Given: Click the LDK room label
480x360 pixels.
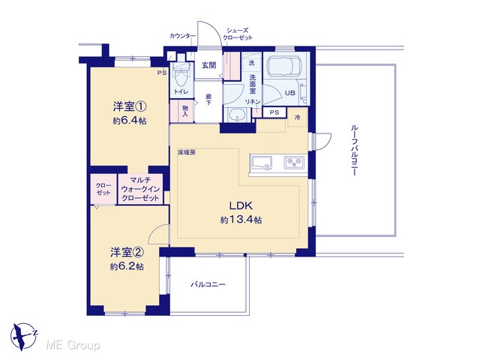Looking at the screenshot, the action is (241, 205).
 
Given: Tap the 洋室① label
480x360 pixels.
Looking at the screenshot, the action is (130, 106).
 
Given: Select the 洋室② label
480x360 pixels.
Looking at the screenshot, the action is (127, 252).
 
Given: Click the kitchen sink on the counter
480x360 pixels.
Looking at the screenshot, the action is (262, 163).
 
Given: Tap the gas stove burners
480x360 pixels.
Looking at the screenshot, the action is (295, 162).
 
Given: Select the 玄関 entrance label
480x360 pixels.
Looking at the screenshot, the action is (208, 65).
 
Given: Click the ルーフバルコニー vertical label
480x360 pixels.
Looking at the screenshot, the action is (354, 150).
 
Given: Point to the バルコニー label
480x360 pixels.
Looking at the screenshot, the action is (208, 285).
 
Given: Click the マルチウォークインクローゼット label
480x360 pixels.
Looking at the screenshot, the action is (140, 189).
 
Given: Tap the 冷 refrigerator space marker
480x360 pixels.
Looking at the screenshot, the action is (297, 117).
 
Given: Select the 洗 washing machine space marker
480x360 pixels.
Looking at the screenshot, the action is (252, 63).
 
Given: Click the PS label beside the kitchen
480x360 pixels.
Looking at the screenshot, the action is (274, 112).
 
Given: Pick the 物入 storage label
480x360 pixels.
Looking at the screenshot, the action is (185, 111).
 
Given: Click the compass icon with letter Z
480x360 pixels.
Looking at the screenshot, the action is (23, 337).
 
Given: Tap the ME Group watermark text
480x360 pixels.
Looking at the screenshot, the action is (73, 345).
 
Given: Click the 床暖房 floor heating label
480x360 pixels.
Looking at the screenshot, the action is (187, 152).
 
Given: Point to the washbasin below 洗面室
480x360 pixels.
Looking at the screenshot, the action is (236, 115).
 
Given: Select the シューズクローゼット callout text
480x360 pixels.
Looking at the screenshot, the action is (238, 34).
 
